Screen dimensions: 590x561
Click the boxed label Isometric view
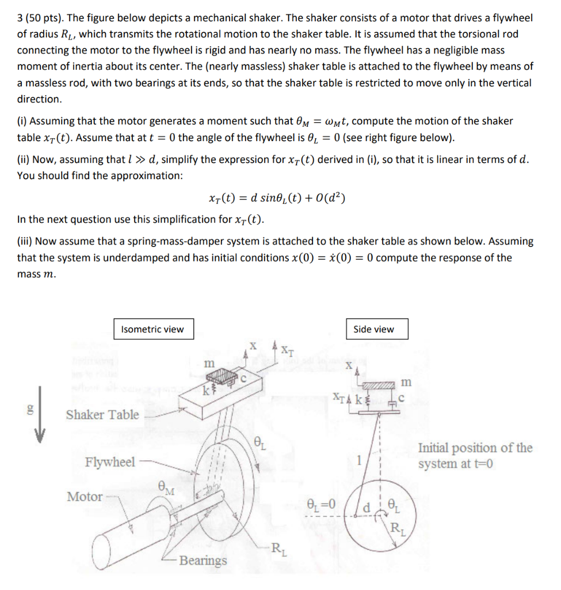coord(152,330)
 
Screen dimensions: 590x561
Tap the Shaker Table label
coord(102,414)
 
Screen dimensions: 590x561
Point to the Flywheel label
coord(110,462)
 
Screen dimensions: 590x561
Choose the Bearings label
coord(203,561)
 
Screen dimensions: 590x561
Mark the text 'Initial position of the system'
coord(475,456)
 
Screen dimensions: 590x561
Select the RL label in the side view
coord(396,527)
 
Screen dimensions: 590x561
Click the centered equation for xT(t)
coord(276,199)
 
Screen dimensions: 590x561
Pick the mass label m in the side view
coord(406,382)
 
